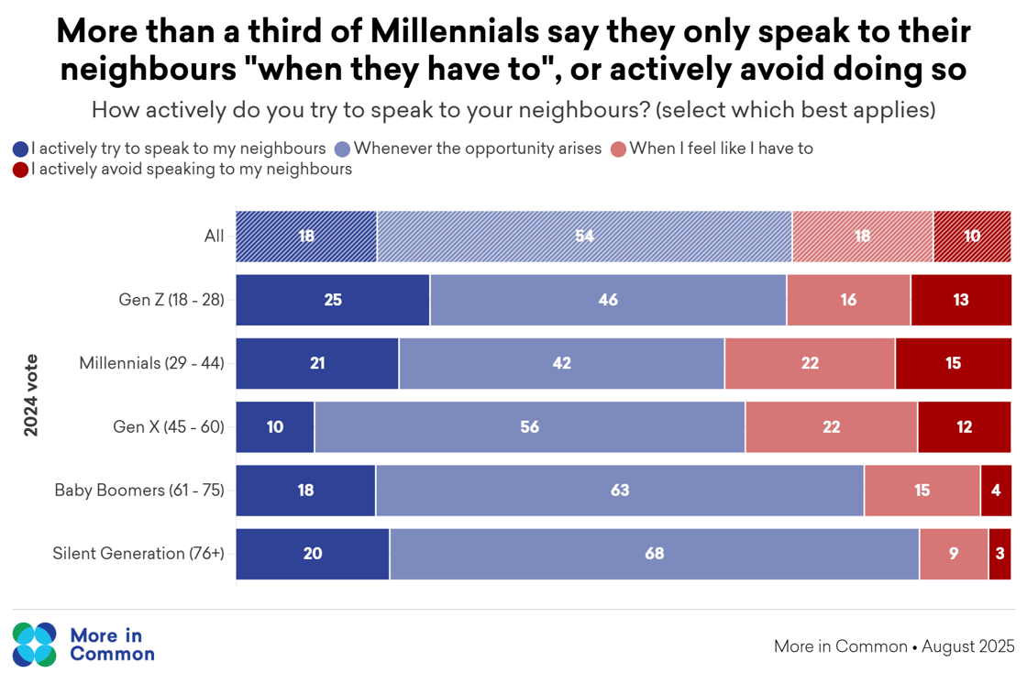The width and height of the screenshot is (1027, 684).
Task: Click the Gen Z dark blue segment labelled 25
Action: pyautogui.click(x=333, y=300)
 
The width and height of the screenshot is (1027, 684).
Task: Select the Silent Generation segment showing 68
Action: pyautogui.click(x=654, y=554)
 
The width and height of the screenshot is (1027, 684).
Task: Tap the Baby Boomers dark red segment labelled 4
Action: pyautogui.click(x=996, y=491)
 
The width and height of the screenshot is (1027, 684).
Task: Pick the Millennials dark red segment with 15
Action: pyautogui.click(x=954, y=363)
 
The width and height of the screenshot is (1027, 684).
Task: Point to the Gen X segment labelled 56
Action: pyautogui.click(x=530, y=427)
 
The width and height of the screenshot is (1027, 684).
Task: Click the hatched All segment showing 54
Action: pyautogui.click(x=584, y=236)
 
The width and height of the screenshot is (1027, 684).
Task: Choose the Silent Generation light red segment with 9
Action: pyautogui.click(x=954, y=554)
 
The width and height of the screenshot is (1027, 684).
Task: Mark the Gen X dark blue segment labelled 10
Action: pyautogui.click(x=275, y=427)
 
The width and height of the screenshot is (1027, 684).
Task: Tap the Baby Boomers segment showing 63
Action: pyautogui.click(x=620, y=491)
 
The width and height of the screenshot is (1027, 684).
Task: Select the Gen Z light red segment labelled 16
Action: pyautogui.click(x=848, y=300)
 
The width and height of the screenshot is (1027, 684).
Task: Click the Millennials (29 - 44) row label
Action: pyautogui.click(x=151, y=363)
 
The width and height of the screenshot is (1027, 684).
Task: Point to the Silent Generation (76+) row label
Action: pyautogui.click(x=138, y=554)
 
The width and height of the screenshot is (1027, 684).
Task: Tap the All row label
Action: pyautogui.click(x=214, y=236)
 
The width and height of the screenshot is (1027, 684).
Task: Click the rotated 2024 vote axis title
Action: pyautogui.click(x=31, y=394)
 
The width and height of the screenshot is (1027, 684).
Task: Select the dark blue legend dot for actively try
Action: pyautogui.click(x=20, y=149)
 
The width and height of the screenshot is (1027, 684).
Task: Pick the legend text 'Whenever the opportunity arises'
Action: pyautogui.click(x=477, y=148)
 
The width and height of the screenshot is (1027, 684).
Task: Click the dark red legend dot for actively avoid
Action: pyautogui.click(x=20, y=170)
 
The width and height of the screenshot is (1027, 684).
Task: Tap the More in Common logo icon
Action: pyautogui.click(x=36, y=644)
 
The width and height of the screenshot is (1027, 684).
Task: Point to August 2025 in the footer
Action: pyautogui.click(x=968, y=646)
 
